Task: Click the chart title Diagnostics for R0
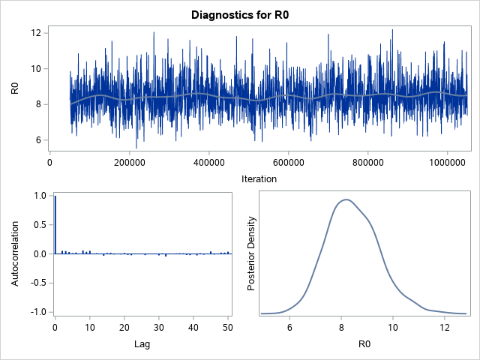coord(239,14)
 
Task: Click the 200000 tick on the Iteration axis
coord(129,160)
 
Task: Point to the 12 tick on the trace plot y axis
coord(35,33)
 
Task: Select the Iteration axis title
coord(258,179)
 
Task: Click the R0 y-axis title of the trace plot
coord(15,88)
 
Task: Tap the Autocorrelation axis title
coord(15,253)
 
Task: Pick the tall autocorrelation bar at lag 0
coord(55,225)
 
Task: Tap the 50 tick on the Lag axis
coord(228,328)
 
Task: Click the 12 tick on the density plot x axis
coord(445,328)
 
